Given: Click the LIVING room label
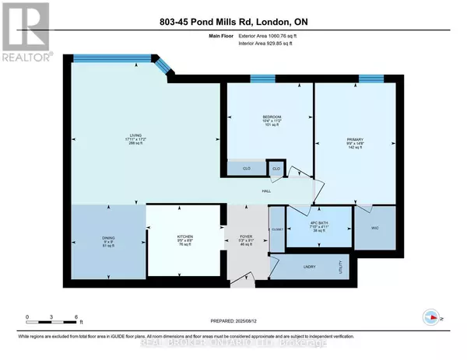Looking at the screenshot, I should pos(136,135).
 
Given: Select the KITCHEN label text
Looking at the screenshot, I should pos(184,236).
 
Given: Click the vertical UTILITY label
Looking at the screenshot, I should pos(340,267).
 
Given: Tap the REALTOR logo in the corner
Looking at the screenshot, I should pos(26,31).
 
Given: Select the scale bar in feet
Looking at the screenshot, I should pos(52,318).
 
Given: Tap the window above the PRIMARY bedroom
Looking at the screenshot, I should pos(370,79).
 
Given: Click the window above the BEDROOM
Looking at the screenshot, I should pos(262,79).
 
